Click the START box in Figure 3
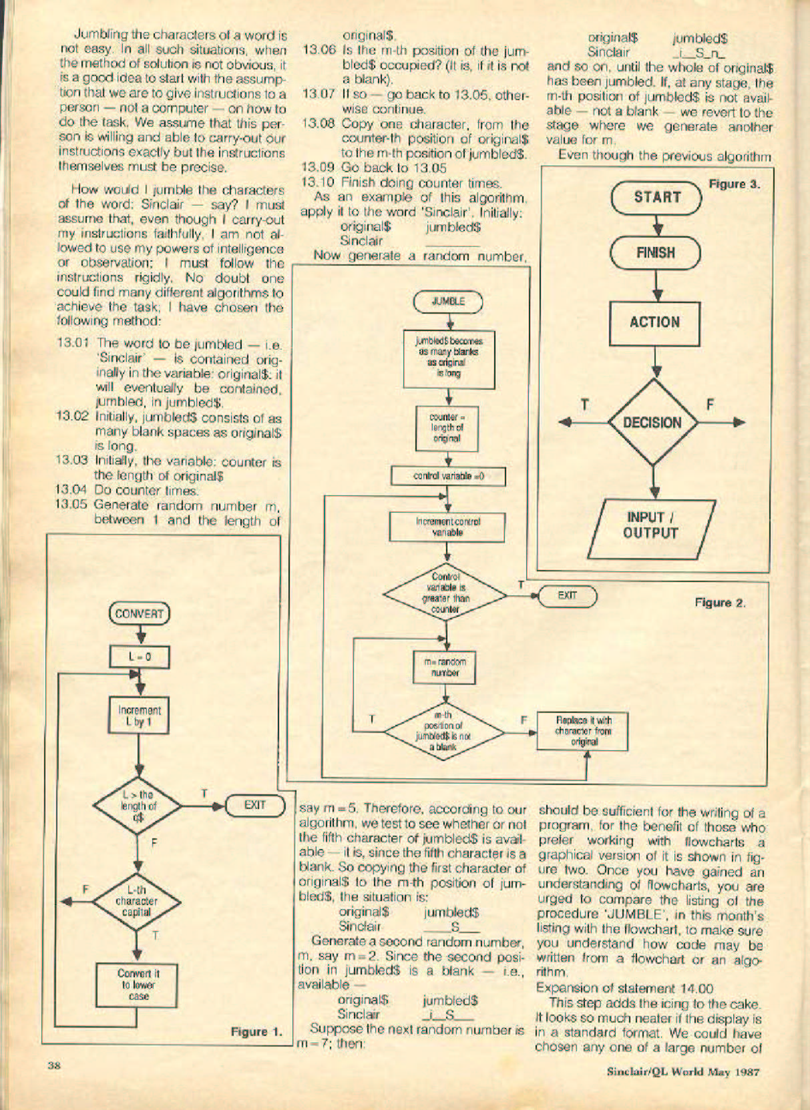point(656,197)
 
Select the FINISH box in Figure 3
point(655,253)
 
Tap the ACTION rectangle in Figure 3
point(654,322)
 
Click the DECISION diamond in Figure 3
point(652,423)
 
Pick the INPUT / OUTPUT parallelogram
point(651,525)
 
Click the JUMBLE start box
point(447,301)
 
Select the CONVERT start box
point(139,613)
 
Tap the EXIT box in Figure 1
point(255,805)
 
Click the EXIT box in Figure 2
point(567,595)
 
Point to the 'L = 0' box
point(140,657)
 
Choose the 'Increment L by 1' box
point(140,715)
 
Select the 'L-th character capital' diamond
point(137,901)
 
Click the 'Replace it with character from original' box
point(582,731)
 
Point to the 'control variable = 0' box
point(448,477)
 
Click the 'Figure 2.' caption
point(720,603)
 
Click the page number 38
point(54,1065)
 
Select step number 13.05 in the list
point(72,505)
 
